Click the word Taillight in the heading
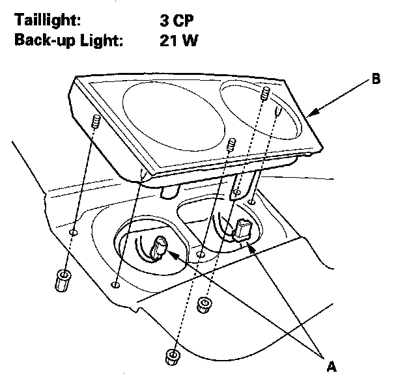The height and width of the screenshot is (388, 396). (47, 20)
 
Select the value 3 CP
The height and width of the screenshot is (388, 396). (177, 20)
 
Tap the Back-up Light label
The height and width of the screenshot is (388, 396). (68, 40)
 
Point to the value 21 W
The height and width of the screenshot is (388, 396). (179, 40)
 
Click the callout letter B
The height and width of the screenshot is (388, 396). (376, 79)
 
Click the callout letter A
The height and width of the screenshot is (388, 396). (332, 367)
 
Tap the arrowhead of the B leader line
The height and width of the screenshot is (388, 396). (313, 113)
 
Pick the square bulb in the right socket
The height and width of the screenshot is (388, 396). (242, 230)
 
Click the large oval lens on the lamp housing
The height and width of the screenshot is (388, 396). (174, 117)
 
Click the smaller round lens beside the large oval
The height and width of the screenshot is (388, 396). (261, 110)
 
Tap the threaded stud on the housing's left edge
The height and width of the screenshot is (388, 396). (96, 121)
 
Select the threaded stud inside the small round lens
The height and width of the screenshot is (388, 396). (265, 93)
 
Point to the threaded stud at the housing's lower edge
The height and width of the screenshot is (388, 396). (231, 145)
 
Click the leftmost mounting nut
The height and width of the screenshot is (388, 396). (62, 281)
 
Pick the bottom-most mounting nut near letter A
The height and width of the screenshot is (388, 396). (173, 357)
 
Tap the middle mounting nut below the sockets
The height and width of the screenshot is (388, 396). (204, 305)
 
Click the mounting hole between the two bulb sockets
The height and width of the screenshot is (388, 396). (201, 255)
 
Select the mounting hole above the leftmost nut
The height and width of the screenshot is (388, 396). (73, 232)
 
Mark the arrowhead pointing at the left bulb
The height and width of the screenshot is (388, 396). (173, 255)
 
